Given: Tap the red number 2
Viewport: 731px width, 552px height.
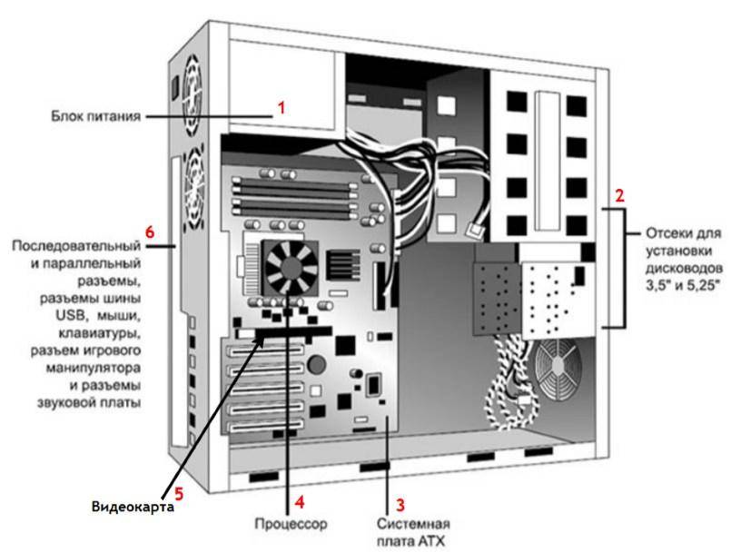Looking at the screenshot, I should tap(619, 194).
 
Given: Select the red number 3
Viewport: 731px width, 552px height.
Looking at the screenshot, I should tap(397, 501).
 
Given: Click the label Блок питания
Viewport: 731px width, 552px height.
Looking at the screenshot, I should tap(94, 116).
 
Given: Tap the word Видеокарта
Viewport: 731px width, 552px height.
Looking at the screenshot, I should tap(132, 505).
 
